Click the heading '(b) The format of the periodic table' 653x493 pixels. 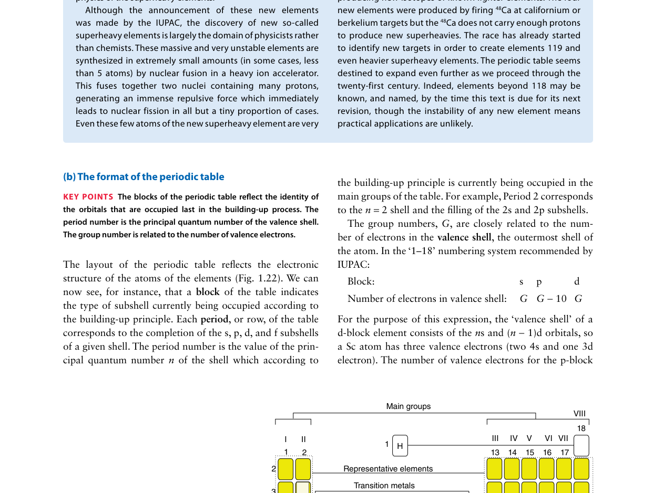click(144, 177)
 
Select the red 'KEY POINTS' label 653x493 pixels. click(88, 197)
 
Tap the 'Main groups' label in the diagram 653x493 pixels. click(408, 406)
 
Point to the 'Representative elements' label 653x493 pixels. click(388, 469)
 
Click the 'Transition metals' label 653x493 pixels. click(384, 486)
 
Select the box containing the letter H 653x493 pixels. click(400, 446)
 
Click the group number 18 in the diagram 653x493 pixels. click(581, 428)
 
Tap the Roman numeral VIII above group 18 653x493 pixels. click(579, 414)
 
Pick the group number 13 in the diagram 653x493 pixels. click(495, 453)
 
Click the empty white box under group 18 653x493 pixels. click(581, 446)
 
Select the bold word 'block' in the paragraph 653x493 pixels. click(208, 292)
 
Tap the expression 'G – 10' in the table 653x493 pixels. click(552, 299)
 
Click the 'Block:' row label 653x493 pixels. click(361, 282)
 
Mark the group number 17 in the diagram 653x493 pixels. click(564, 453)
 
